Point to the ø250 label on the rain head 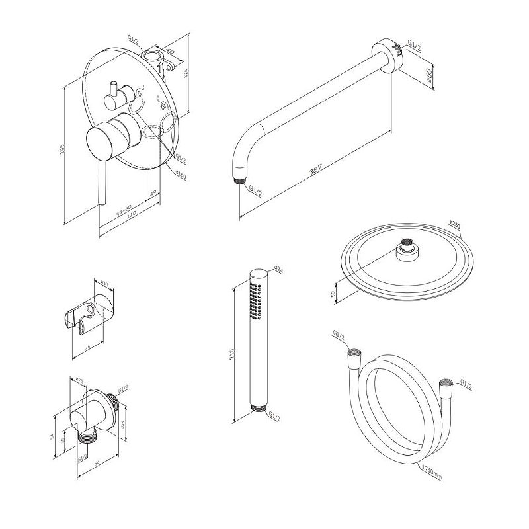[454, 224]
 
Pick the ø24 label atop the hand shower [278, 270]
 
